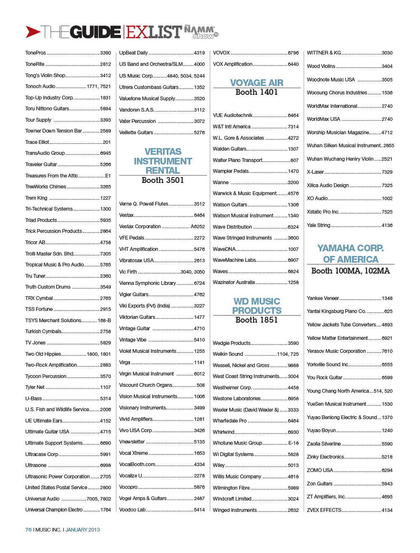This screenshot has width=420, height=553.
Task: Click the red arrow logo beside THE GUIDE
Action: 33,32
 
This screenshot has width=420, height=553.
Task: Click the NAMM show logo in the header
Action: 201,32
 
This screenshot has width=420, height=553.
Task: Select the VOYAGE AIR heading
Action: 257,83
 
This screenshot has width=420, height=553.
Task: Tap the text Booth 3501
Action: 163,180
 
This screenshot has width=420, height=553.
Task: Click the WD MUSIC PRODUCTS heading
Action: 257,306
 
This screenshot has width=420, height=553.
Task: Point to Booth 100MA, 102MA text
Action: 350,271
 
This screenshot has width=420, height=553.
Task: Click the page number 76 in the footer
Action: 28,530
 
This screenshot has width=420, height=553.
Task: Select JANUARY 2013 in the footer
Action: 82,530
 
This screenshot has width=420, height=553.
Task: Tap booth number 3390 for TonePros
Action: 105,53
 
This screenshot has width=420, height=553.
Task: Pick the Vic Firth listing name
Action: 128,272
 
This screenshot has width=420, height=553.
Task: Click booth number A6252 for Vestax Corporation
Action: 197,227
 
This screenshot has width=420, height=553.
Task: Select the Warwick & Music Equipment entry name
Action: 244,193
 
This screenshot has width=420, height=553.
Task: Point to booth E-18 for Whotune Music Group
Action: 293,443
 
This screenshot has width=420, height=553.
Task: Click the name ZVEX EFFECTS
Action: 324,510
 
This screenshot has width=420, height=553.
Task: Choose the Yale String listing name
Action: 318,225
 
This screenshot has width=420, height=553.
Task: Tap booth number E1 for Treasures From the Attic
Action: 108,176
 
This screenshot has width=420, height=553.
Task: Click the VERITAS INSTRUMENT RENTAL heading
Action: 163,161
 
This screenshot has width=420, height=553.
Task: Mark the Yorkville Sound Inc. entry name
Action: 327,365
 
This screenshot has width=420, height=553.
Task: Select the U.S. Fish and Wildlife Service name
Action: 57,410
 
